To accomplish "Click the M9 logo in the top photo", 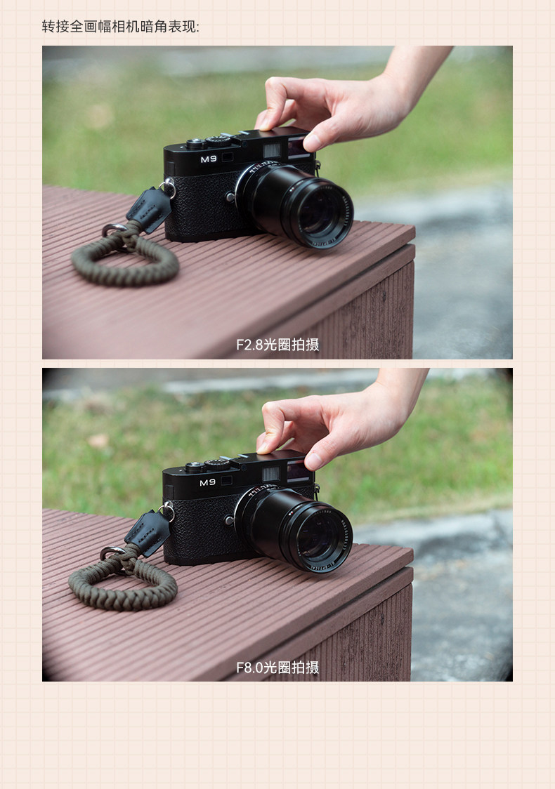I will point(209,159).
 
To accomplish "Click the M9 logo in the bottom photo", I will point(207,482).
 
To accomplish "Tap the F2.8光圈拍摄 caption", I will point(277,345).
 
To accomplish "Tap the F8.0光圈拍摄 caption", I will point(277,668).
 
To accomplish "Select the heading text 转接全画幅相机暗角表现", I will point(120,27).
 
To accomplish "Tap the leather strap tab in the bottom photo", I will point(148,532).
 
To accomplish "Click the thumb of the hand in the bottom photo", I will point(318,458).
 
